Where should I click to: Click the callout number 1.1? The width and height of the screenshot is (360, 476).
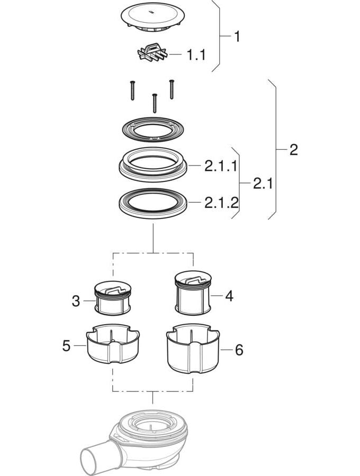pos(196,55)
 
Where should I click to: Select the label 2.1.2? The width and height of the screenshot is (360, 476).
pos(221,203)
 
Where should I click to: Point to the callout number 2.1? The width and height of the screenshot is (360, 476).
pos(263,184)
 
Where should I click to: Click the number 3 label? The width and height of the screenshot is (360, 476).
pos(76,301)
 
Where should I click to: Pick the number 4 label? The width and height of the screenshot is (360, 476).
pos(229,296)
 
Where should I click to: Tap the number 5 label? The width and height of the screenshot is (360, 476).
pos(66,346)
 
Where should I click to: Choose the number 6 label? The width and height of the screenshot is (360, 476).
pos(239,350)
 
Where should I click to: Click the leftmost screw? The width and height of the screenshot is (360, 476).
pos(132,90)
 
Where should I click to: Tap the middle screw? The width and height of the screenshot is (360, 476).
pos(155,103)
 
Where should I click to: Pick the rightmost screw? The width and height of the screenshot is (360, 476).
pos(172,89)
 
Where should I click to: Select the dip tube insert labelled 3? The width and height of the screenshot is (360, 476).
pos(113,298)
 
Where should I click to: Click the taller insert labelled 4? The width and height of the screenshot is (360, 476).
pos(193,292)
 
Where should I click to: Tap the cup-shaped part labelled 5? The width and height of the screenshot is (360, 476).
pos(113,344)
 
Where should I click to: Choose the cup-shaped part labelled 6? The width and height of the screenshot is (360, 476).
pos(193,348)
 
